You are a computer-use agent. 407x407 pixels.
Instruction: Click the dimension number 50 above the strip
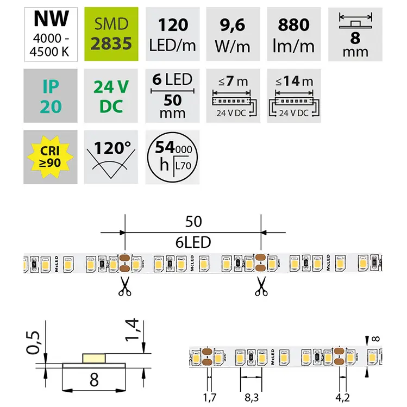tap(193, 222)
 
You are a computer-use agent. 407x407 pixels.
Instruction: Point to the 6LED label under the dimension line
tap(193, 242)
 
